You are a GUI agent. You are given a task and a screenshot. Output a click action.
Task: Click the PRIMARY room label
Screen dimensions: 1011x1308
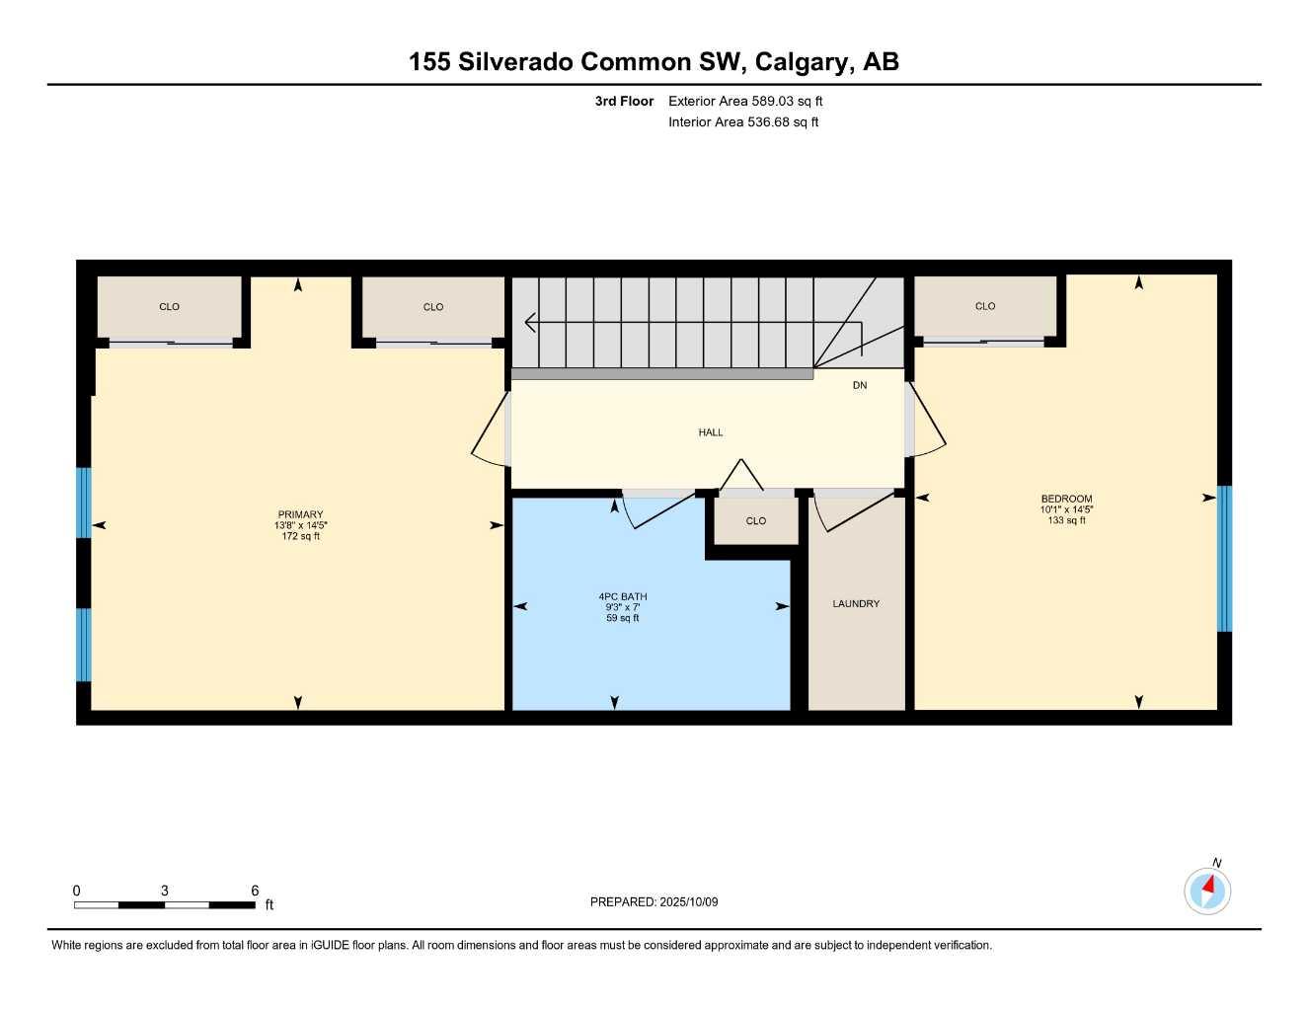pyautogui.click(x=300, y=514)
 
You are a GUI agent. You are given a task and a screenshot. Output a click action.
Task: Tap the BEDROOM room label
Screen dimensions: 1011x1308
pyautogui.click(x=1066, y=499)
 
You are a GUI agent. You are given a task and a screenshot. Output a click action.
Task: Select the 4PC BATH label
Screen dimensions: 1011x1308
pyautogui.click(x=623, y=596)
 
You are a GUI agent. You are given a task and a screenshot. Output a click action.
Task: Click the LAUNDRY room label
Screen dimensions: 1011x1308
pyautogui.click(x=856, y=603)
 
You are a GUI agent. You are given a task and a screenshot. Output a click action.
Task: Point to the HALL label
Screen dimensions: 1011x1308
pyautogui.click(x=711, y=432)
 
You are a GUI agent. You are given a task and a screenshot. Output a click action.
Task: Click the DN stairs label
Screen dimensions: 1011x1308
pyautogui.click(x=860, y=385)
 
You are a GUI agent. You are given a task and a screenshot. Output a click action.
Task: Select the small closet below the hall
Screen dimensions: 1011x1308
pyautogui.click(x=756, y=521)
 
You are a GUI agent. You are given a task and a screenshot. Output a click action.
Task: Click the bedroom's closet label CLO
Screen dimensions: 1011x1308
pyautogui.click(x=985, y=306)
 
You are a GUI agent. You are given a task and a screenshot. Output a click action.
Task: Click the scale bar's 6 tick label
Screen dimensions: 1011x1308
pyautogui.click(x=255, y=891)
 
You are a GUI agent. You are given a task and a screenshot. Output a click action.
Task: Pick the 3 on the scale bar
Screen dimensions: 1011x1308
pyautogui.click(x=165, y=891)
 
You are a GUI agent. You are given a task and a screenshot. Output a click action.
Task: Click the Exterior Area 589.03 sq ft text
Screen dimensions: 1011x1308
pyautogui.click(x=745, y=101)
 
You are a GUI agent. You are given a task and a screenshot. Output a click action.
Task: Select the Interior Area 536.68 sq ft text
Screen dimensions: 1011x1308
pyautogui.click(x=743, y=122)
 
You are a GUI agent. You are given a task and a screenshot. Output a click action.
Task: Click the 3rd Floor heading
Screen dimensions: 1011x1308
pyautogui.click(x=624, y=101)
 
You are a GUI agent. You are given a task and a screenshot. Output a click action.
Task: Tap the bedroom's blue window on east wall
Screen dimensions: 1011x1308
pyautogui.click(x=1224, y=558)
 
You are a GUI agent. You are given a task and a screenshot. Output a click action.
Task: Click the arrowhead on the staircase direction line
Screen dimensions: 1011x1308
pyautogui.click(x=530, y=322)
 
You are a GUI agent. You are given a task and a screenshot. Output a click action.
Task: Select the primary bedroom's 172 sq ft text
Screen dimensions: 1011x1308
pyautogui.click(x=300, y=536)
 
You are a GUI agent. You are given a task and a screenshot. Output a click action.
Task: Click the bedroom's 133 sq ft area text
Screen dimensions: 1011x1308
pyautogui.click(x=1066, y=520)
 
